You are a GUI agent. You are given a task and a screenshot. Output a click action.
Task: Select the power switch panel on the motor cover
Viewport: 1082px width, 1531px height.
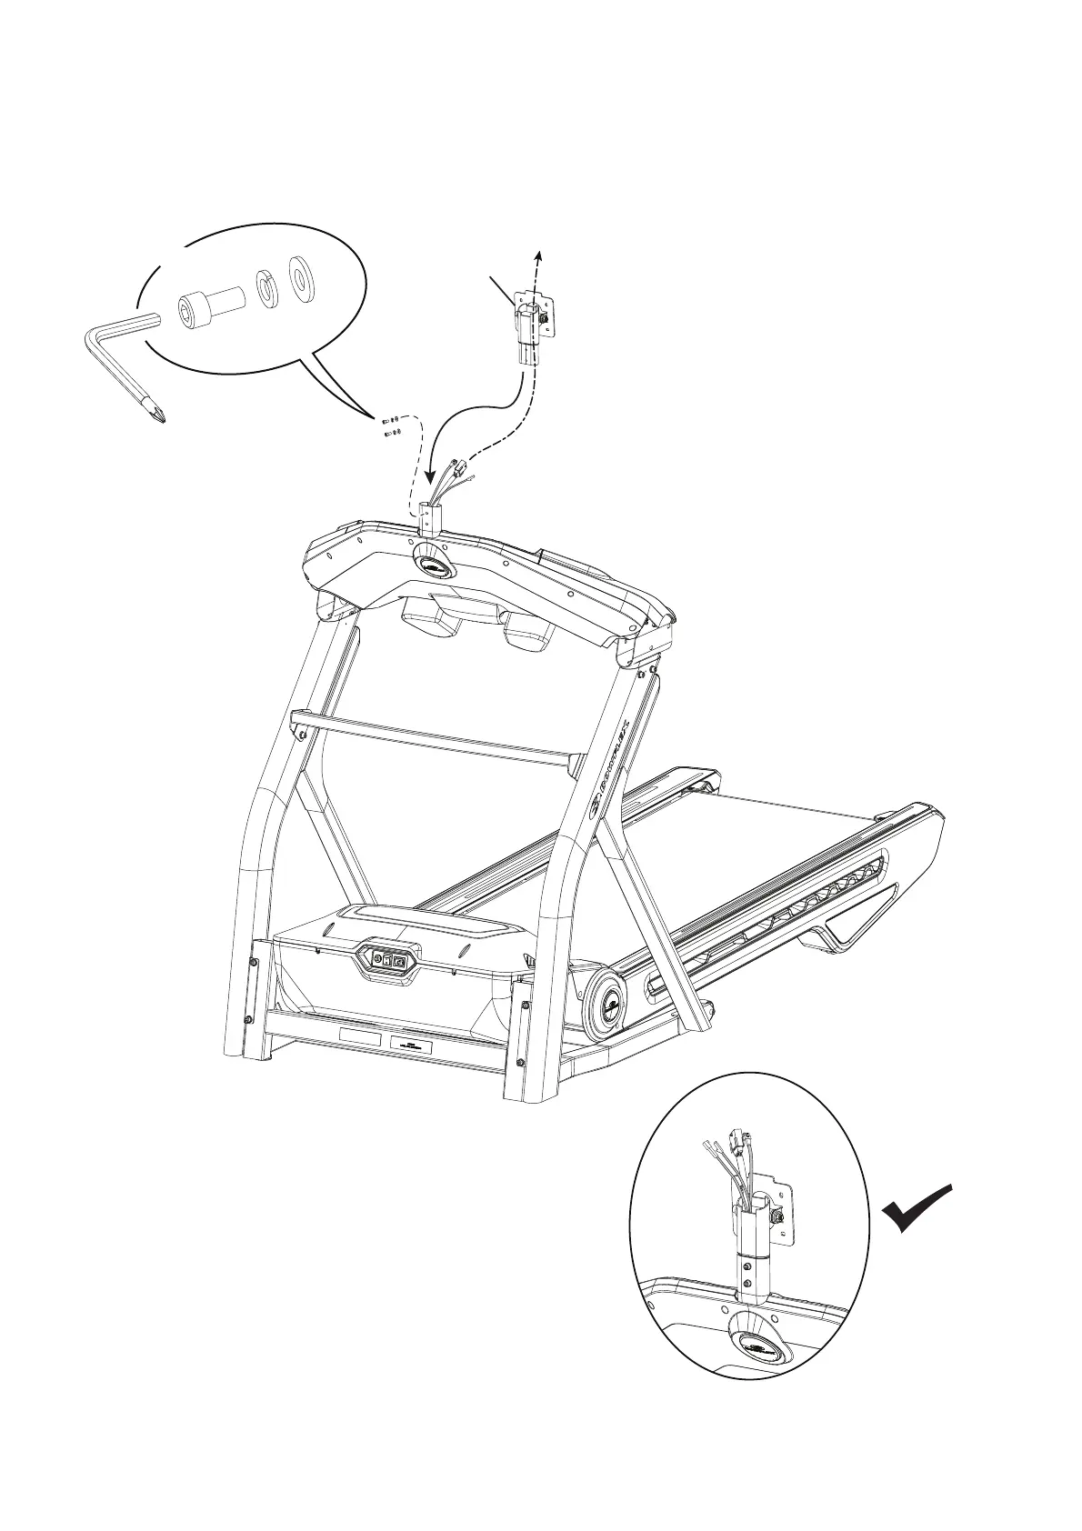[389, 958]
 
